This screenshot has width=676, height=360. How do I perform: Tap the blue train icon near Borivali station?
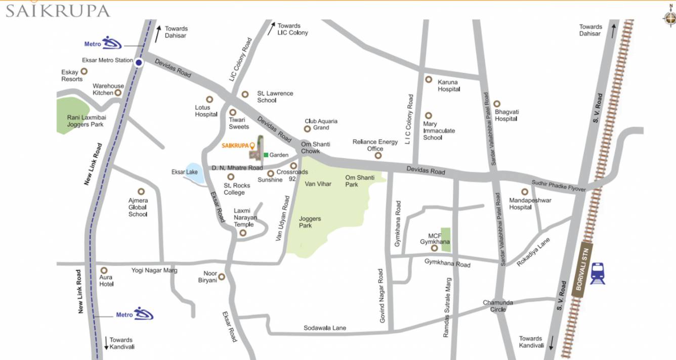point(598,273)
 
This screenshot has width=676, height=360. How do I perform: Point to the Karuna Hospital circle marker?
point(429,79)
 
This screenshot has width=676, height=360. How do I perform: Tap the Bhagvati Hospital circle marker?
point(497,104)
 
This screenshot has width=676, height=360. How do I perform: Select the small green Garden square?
point(266,155)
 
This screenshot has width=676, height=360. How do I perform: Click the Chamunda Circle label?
point(497,306)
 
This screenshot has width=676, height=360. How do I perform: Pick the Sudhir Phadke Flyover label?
point(558,186)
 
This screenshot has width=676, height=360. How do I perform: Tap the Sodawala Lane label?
point(325,328)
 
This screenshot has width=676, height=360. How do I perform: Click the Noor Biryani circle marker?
point(221,277)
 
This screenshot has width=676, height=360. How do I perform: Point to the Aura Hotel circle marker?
point(104,271)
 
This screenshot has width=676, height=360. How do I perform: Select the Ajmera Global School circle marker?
point(141,192)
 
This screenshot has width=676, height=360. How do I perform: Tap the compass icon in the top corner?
point(669,18)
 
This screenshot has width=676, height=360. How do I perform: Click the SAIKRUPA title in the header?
point(58,11)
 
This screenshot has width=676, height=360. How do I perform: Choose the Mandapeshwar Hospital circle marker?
point(525,192)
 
